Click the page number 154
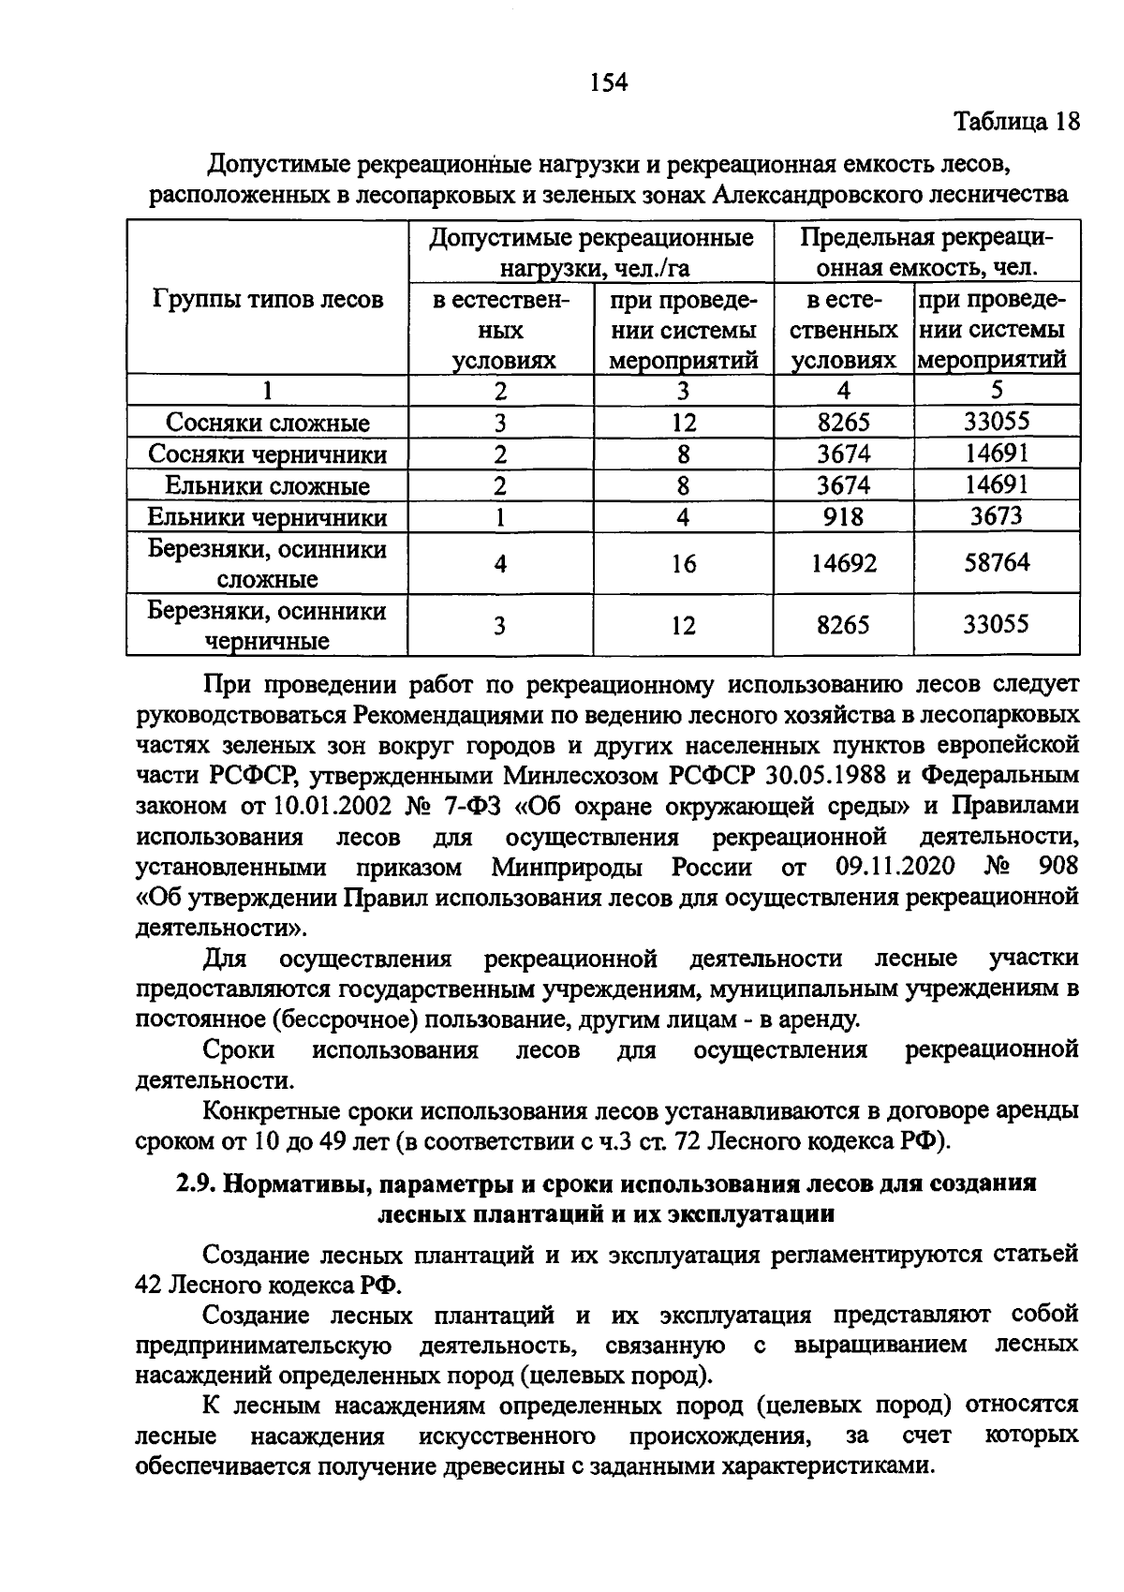[608, 83]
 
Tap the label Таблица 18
[1016, 122]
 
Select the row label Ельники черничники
[267, 517]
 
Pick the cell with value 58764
[997, 562]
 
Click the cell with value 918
[843, 517]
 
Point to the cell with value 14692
[843, 563]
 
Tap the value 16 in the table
[684, 563]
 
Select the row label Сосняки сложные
[267, 423]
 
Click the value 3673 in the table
[997, 516]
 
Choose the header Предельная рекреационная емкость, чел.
[926, 252]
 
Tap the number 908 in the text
[1057, 865]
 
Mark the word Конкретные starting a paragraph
[270, 1111]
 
